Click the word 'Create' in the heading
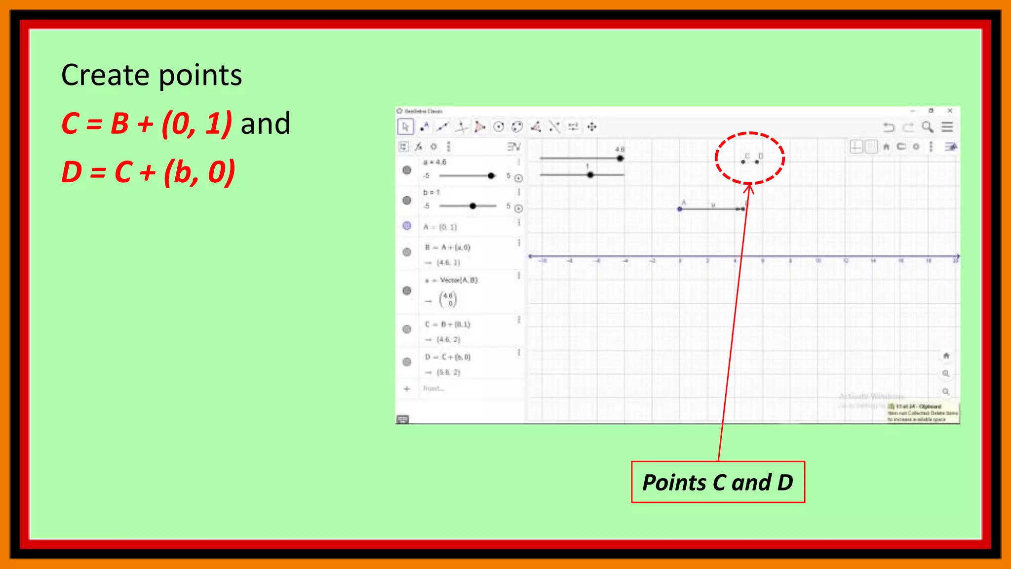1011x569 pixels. tap(104, 76)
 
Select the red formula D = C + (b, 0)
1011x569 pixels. tap(148, 172)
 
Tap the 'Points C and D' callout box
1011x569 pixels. tap(718, 483)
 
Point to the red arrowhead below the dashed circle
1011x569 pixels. tap(749, 188)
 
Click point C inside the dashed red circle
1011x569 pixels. tap(743, 162)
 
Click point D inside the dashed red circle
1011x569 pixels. tap(757, 162)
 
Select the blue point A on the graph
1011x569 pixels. tap(680, 209)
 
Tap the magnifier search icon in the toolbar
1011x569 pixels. tap(928, 127)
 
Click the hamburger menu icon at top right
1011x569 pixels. tap(947, 127)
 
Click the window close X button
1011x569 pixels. tap(950, 111)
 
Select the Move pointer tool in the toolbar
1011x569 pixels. tap(405, 127)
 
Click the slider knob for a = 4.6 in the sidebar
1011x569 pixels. tap(491, 176)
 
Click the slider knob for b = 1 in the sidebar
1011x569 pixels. tap(473, 206)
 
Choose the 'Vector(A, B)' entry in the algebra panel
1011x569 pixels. tap(459, 280)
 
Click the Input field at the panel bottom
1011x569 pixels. tap(434, 389)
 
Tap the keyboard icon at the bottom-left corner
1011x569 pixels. tap(402, 419)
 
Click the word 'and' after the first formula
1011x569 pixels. tap(265, 123)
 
